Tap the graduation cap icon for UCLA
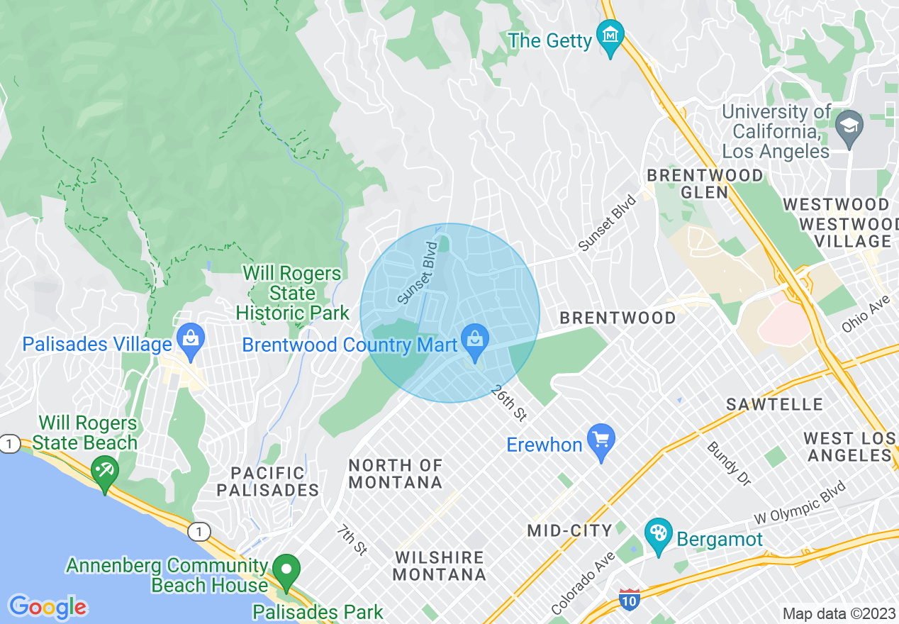(849, 127)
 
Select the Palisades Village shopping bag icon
(191, 339)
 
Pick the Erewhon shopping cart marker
(601, 440)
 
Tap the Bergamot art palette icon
(659, 534)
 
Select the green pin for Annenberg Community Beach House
(286, 570)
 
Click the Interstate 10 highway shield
(629, 600)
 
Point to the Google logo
(48, 607)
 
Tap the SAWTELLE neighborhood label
(774, 404)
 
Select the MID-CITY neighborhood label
(569, 530)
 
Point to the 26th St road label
(508, 405)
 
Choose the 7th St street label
(352, 540)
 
